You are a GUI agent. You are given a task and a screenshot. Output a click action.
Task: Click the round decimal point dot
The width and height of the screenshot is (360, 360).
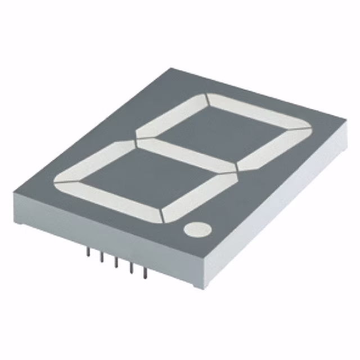coord(197,229)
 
